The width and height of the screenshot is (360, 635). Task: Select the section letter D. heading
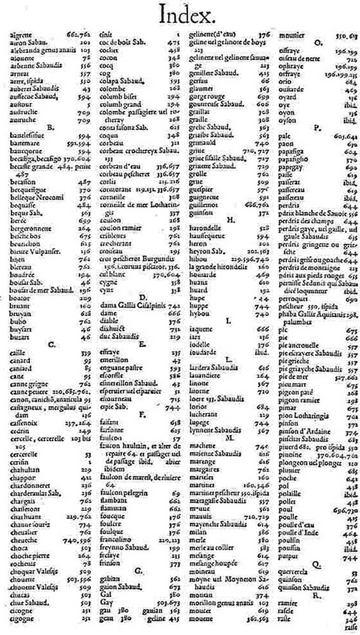point(142,297)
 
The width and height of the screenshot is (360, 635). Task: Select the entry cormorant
point(113,188)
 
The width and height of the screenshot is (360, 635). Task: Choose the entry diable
point(108,320)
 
